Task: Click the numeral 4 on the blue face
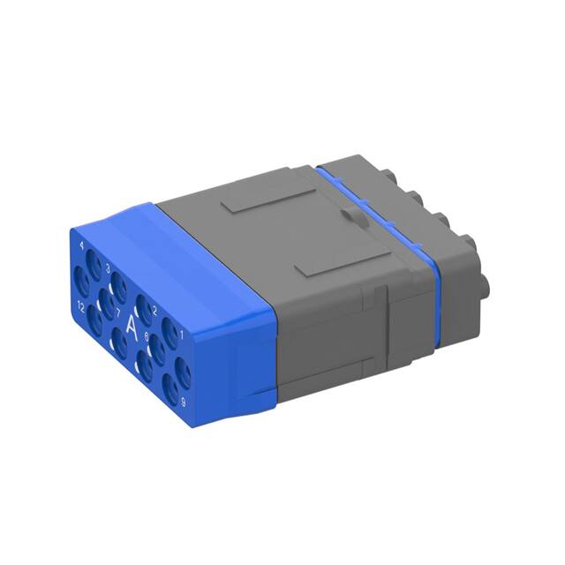coord(82,245)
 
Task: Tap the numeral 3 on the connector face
coord(108,266)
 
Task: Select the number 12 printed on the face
coord(79,306)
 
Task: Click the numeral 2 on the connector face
coord(154,309)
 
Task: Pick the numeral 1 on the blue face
coord(181,334)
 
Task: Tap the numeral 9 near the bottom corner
coord(183,402)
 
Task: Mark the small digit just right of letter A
coord(147,336)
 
